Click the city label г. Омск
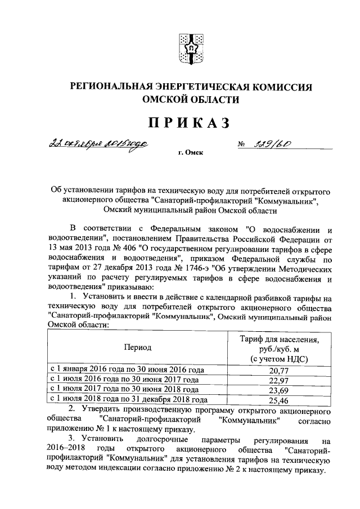190,152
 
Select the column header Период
138,348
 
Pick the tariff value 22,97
278,380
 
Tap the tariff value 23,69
278,390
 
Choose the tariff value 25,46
278,401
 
